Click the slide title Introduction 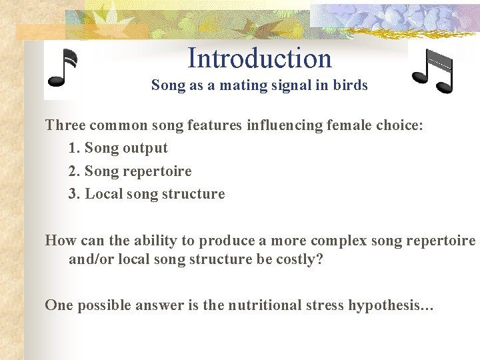click(x=259, y=59)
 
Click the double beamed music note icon click(x=433, y=71)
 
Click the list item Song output click(x=126, y=148)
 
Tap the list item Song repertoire click(x=138, y=171)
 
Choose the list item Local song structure click(x=155, y=194)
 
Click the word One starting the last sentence click(x=59, y=305)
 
